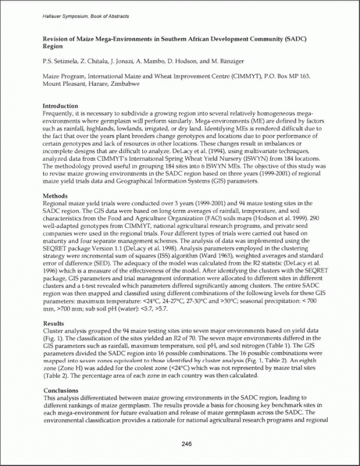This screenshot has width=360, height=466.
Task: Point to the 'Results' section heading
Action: coord(54,323)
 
